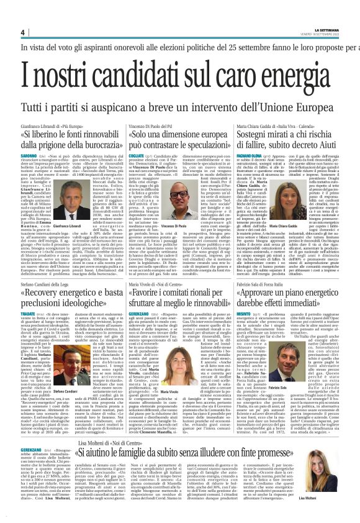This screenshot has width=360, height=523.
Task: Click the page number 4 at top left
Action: (23, 32)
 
